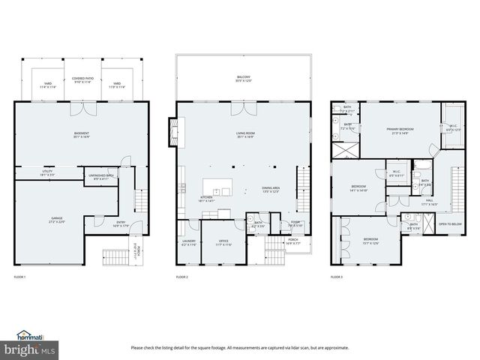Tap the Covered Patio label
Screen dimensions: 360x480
point(83,80)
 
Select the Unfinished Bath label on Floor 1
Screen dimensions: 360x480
point(100,176)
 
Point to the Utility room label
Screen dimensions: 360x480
point(46,172)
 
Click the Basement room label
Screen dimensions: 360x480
point(81,135)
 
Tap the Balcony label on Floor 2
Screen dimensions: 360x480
point(243,79)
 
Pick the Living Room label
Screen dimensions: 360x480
point(243,135)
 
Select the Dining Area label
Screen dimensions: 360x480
point(271,189)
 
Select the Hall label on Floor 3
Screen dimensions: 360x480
point(430,201)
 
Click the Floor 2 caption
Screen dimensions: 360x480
point(182,277)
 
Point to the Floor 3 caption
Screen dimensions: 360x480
point(337,277)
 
